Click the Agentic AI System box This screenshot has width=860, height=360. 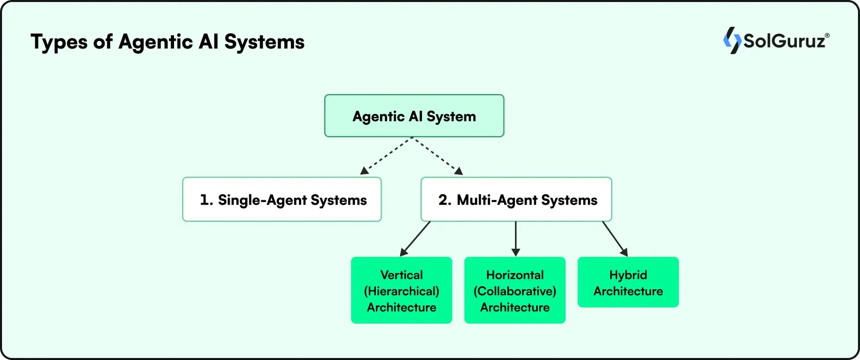pos(414,116)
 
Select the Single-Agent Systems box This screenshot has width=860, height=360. pos(282,199)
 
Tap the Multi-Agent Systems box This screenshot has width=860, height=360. pos(516,199)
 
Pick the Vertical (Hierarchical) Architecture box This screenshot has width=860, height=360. pos(401,290)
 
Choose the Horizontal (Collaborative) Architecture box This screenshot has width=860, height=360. pos(514,290)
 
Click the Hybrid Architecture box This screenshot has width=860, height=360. pos(628,282)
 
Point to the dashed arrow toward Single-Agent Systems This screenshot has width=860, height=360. pos(386,156)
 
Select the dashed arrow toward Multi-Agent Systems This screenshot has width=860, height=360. pos(438,156)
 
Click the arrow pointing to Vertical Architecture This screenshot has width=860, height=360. pos(415,239)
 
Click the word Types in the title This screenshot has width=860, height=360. pos(59,42)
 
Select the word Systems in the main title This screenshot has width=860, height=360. pos(264,42)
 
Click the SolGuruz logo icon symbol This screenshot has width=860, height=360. pos(732,40)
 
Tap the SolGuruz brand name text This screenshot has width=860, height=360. pos(784,41)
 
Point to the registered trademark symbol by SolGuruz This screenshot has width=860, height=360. pos(827,36)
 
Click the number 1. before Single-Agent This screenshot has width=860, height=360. pos(206,200)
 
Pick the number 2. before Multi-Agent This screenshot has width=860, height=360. pos(445,200)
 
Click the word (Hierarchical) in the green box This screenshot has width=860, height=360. pos(401,291)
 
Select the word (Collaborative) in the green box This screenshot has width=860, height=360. pos(514,291)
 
